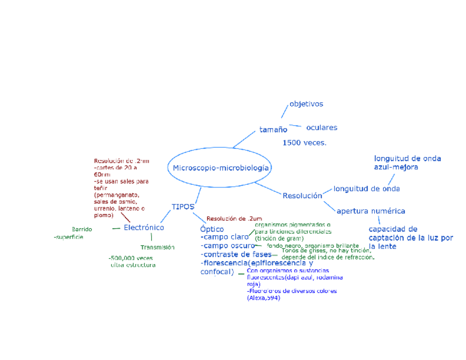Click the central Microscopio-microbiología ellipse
tap(221, 168)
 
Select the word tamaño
tap(273, 130)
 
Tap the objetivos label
tap(306, 104)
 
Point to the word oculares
tap(321, 128)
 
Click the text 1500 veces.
tap(304, 143)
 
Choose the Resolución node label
tap(302, 196)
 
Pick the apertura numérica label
tap(371, 211)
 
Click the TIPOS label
tap(183, 207)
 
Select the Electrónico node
tap(143, 228)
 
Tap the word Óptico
tap(212, 228)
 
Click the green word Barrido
tap(82, 229)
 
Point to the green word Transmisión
tap(157, 247)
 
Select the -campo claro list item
tap(225, 237)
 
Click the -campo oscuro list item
tap(228, 246)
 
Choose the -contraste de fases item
tap(236, 254)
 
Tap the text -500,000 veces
tap(131, 258)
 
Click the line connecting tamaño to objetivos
tap(284, 110)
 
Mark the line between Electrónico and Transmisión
tap(151, 237)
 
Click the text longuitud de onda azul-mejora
tap(407, 163)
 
